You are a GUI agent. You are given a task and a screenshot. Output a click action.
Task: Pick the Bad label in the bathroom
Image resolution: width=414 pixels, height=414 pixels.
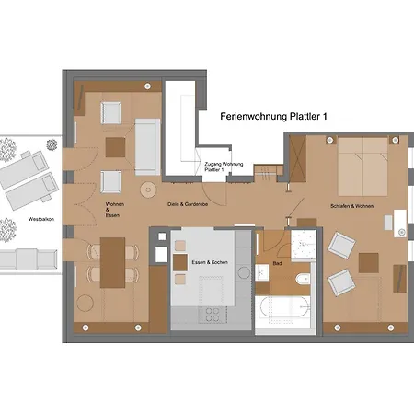(x=277, y=263)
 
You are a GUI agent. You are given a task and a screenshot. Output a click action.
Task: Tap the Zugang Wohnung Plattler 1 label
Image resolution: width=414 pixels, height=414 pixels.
(x=218, y=167)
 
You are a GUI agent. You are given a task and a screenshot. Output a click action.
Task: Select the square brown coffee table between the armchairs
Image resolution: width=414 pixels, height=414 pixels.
(x=116, y=146)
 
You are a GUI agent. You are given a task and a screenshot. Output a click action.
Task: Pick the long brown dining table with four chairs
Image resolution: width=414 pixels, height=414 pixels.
(x=112, y=260)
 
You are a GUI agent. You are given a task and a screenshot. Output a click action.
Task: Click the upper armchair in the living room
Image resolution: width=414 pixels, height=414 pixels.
(x=112, y=113)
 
